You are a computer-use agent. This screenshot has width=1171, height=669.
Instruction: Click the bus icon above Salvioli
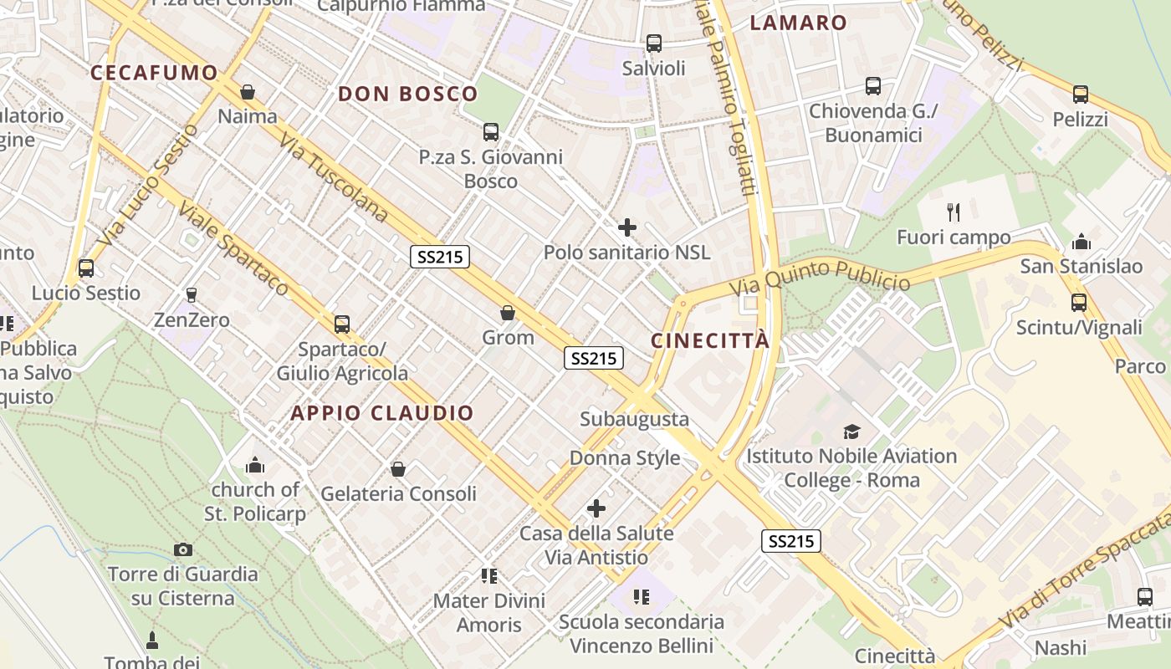654,43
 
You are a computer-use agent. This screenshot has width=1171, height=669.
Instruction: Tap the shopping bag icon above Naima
247,91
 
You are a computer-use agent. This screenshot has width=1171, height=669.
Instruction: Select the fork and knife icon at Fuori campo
953,212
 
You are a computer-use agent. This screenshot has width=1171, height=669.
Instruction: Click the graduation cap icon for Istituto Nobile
851,432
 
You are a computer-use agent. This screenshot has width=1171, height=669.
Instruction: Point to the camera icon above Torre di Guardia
183,549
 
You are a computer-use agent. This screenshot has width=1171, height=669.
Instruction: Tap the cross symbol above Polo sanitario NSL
626,227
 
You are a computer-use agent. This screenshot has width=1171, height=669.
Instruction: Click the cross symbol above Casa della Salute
596,508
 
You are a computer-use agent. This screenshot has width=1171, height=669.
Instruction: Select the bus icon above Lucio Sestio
86,268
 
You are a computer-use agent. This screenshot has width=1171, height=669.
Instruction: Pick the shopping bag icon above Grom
507,313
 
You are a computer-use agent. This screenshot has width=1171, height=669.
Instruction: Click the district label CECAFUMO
154,73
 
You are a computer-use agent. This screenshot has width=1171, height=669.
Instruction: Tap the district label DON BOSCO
407,94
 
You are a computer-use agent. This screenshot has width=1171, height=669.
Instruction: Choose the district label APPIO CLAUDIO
382,412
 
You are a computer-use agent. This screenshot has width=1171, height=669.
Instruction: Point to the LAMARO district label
798,23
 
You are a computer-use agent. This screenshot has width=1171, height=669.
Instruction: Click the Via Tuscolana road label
334,177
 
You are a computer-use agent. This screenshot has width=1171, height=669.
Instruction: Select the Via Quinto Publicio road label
820,278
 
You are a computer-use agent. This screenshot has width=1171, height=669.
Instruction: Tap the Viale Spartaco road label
234,249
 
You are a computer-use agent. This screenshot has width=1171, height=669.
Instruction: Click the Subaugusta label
634,419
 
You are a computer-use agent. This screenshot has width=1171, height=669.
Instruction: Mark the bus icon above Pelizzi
1080,94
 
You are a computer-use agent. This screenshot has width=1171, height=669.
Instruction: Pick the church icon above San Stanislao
1081,243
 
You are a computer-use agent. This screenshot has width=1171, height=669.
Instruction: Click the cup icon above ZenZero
191,294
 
